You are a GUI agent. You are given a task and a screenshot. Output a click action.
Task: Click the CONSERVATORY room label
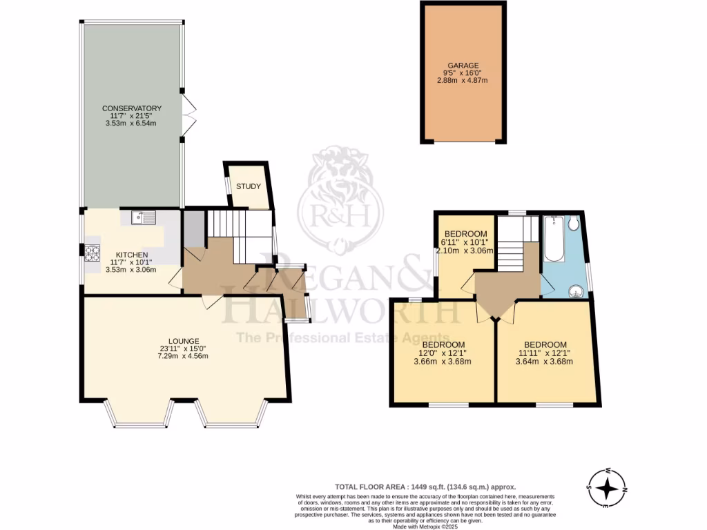[131, 108]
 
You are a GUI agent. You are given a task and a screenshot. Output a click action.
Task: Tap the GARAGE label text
[462, 66]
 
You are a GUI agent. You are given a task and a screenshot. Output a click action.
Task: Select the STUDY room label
[248, 186]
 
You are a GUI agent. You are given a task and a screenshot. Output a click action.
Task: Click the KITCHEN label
[131, 255]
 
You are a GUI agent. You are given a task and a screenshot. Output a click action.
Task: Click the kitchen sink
[144, 218]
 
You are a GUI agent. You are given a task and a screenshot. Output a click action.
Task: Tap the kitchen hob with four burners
[93, 254]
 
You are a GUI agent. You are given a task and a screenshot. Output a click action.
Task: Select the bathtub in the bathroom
[552, 238]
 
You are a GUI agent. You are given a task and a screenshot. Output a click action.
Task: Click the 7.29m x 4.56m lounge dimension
[184, 356]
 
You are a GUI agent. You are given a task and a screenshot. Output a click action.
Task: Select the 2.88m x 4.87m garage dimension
[462, 81]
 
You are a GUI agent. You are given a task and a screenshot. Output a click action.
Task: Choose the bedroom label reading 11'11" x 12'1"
[545, 344]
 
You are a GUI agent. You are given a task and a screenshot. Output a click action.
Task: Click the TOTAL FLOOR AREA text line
[425, 487]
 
